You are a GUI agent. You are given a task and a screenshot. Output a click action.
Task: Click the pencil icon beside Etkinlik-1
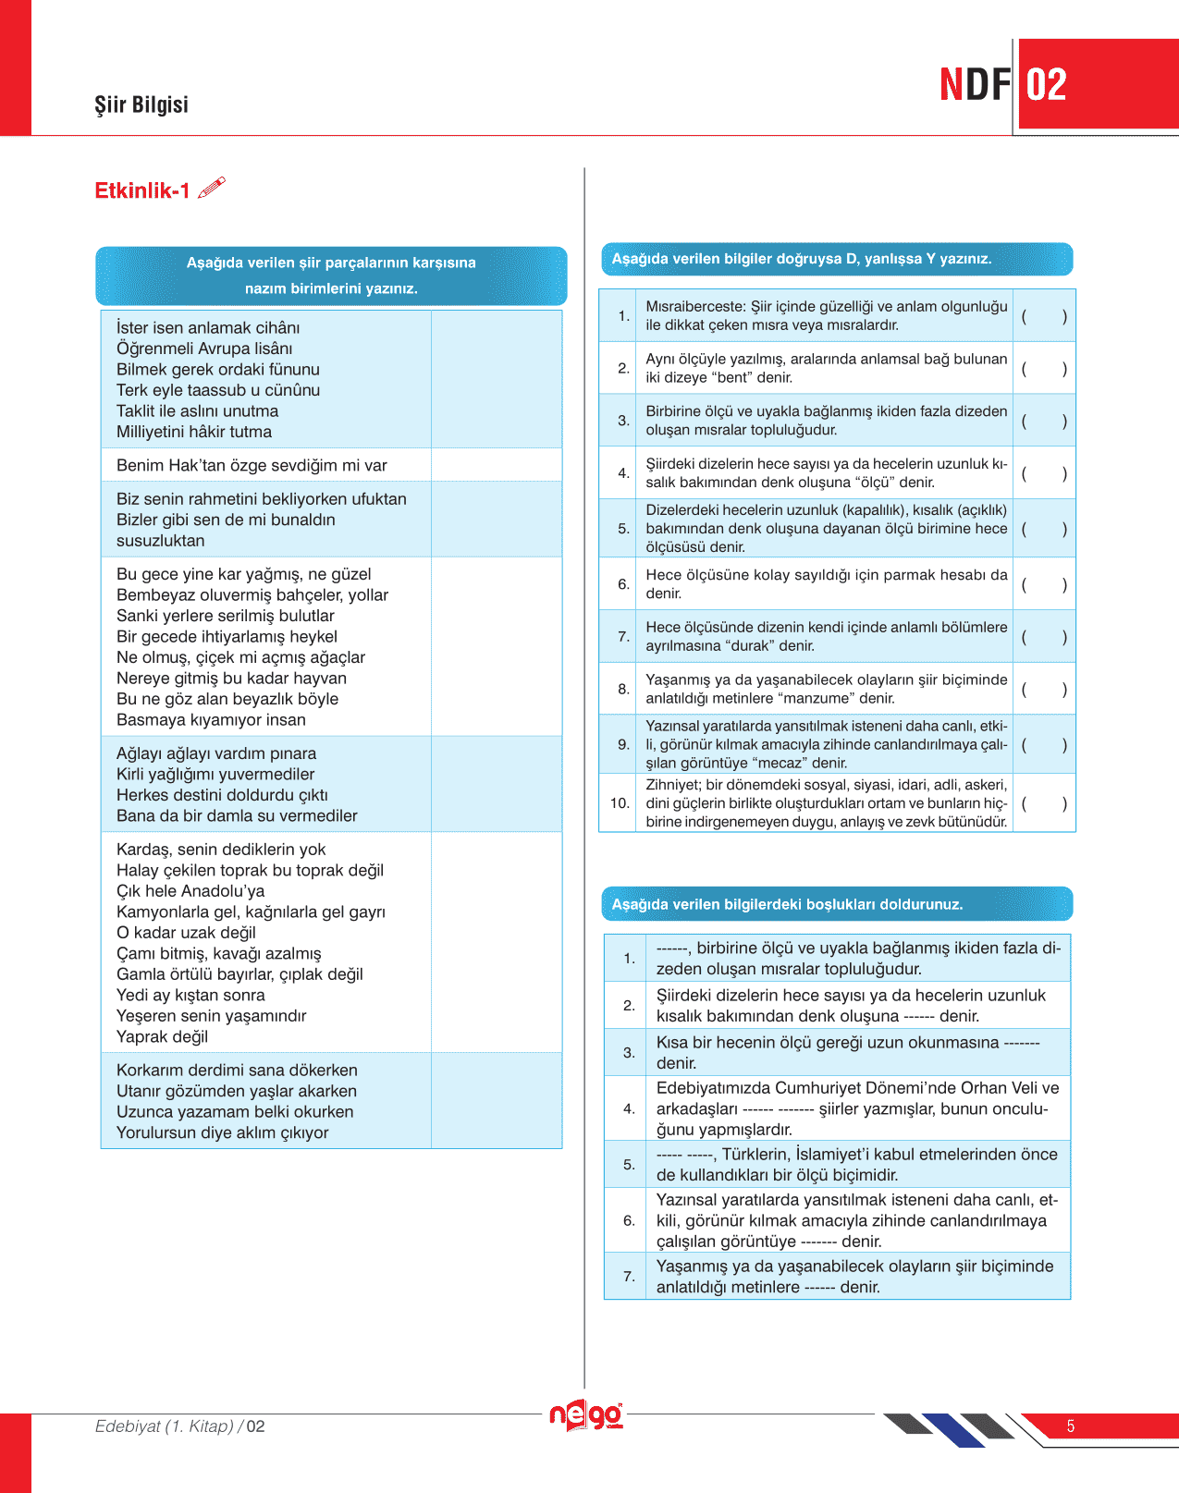coord(212,188)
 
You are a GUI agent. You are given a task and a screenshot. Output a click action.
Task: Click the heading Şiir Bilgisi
coord(141,104)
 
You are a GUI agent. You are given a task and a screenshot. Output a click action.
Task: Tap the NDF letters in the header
coord(975,85)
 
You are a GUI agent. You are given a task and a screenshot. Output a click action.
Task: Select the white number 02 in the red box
coord(1047,85)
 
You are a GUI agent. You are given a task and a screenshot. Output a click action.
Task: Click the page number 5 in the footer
coord(1071,1426)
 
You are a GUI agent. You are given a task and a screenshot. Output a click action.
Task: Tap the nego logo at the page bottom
coord(586,1414)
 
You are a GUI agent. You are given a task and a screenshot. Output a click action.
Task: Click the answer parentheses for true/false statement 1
coord(1044,316)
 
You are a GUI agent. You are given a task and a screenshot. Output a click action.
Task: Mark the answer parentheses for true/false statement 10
coord(1044,803)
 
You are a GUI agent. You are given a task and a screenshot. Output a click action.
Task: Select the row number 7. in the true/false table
coord(623,636)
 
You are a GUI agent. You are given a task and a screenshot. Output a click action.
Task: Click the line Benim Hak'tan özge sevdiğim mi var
coord(252,465)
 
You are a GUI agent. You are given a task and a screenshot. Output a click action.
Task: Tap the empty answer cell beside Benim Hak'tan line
coord(497,465)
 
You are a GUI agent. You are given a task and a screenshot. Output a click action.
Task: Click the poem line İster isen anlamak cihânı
coord(208,328)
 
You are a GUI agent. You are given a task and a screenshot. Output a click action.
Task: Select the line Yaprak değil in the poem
coord(163,1036)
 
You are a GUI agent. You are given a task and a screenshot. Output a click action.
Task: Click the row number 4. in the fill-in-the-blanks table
coord(629,1108)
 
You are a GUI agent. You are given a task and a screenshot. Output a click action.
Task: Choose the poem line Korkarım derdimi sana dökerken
coord(237,1071)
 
